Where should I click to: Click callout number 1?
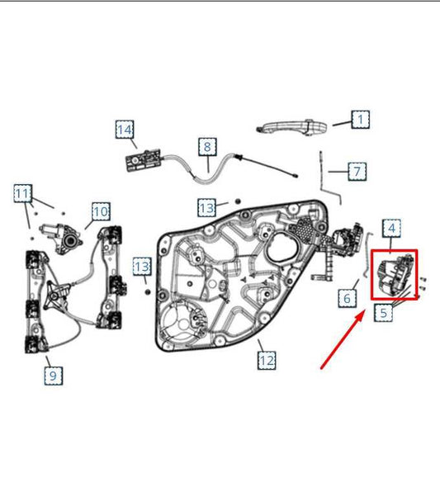361,121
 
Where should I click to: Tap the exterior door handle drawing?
293,125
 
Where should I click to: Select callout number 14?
124,130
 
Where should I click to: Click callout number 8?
206,147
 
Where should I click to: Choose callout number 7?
356,172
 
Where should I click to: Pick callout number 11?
23,195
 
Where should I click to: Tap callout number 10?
100,211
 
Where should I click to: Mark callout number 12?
266,360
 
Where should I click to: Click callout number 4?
391,227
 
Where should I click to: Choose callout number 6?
348,296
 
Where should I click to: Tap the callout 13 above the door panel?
206,206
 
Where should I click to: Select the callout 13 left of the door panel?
143,267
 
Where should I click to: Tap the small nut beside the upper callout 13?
237,201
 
